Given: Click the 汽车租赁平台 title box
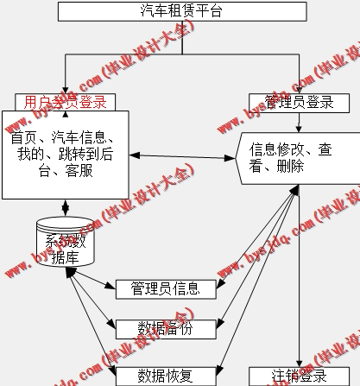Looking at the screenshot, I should click(180, 11).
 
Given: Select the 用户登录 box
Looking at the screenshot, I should click(65, 102).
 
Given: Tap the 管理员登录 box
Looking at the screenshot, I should click(299, 102).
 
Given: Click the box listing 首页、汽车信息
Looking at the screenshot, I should click(65, 154).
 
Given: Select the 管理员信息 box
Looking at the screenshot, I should click(166, 288).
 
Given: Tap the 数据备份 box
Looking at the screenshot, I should click(166, 327).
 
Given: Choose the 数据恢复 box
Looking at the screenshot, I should click(166, 375).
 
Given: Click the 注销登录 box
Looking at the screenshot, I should click(300, 377).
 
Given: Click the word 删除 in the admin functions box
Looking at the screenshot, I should click(290, 167).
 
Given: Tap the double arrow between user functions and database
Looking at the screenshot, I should click(65, 207).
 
